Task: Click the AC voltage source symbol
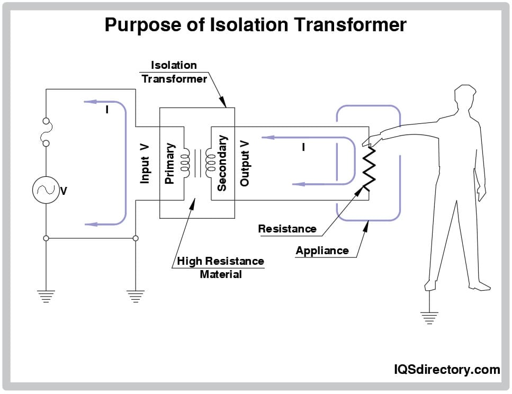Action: [x=46, y=189]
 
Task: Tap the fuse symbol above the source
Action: [x=46, y=132]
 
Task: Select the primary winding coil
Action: [x=185, y=164]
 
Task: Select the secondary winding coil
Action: [x=209, y=164]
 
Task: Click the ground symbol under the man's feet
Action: [x=429, y=317]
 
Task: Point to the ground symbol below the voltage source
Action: [x=46, y=297]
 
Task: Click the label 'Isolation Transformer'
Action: [x=174, y=72]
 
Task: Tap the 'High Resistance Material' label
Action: [x=220, y=267]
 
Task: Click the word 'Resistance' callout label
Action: [x=287, y=229]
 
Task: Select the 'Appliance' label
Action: [x=322, y=250]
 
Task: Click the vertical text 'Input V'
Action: [x=145, y=163]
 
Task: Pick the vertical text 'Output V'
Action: [x=244, y=163]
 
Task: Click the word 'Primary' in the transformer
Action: [x=169, y=163]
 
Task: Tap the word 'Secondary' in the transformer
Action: [x=222, y=163]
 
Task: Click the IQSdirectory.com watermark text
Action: [x=446, y=369]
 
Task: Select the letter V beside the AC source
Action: [x=64, y=191]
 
